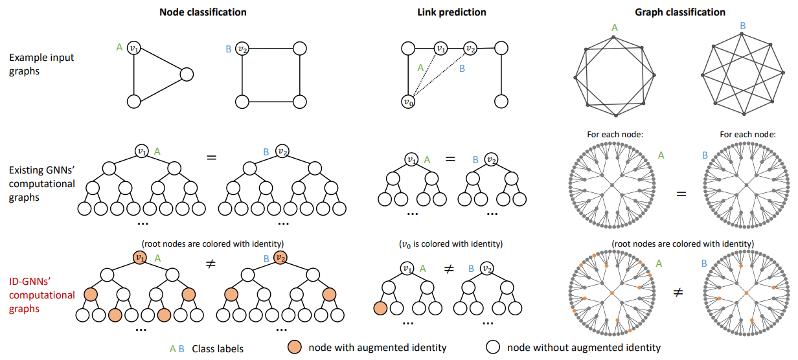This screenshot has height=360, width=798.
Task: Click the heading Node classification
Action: coord(203,12)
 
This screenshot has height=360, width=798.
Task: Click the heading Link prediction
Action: coord(451,12)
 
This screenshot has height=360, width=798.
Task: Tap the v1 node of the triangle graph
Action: coord(134,47)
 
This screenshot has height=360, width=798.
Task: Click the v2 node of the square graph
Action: coord(242,48)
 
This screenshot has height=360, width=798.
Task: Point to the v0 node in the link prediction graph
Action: coord(407,102)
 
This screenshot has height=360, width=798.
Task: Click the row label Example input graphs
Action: coord(41,64)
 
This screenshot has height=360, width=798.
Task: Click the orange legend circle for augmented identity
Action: coord(295,347)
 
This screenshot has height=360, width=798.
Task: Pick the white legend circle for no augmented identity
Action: coord(494,347)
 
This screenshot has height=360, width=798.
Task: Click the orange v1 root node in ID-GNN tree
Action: coord(140,257)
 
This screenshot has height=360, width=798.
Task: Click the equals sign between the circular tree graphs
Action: coord(681,194)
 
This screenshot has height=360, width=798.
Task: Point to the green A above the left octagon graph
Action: coord(615,27)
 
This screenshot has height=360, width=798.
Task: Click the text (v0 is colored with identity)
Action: coord(451,244)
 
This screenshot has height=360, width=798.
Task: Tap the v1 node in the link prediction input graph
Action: coord(440,48)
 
